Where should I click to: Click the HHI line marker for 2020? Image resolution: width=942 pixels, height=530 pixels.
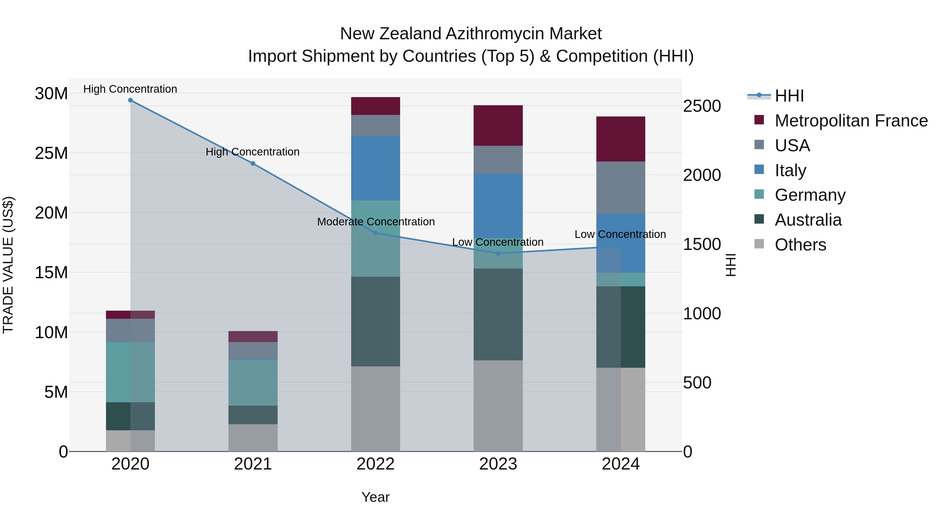pos(130,100)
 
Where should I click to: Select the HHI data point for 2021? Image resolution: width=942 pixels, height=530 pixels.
pos(253,164)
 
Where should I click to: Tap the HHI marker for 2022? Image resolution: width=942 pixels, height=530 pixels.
pos(375,233)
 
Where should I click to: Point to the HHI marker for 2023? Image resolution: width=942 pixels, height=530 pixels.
pos(498,253)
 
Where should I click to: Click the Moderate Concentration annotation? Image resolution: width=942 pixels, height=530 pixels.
pos(375,222)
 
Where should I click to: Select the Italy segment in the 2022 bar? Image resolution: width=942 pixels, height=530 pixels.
pos(375,168)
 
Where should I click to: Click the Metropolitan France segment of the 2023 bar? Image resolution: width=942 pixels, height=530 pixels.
pos(498,125)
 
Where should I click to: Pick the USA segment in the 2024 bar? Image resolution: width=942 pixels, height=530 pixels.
pos(621,187)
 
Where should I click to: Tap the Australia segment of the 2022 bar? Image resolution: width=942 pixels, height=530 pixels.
pos(375,321)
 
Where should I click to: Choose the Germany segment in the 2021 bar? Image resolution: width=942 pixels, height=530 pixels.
pos(253,383)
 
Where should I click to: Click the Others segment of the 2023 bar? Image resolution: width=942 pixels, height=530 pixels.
pos(498,406)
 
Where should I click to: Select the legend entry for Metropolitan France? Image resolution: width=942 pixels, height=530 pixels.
pos(851,121)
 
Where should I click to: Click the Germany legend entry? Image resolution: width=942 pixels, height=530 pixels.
pos(810,195)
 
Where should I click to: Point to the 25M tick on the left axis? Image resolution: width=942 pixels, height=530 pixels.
pos(51,153)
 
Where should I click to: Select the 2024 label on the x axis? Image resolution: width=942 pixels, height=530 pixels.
pos(621,464)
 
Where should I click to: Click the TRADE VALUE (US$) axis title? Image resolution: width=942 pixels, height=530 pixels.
pos(8,265)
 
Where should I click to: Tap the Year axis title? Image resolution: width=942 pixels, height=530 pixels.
pos(375,497)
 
